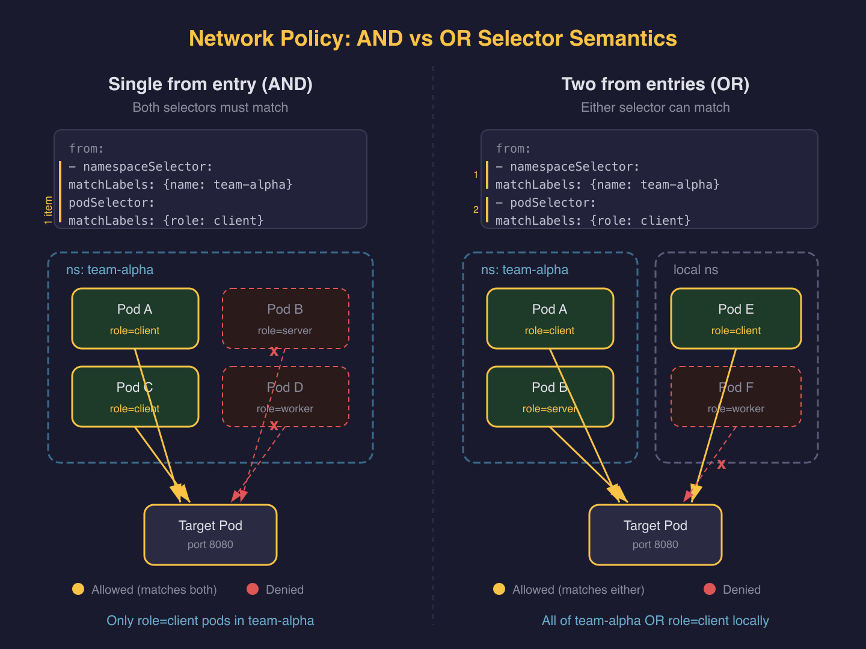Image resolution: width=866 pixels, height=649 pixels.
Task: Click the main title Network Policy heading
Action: [432, 38]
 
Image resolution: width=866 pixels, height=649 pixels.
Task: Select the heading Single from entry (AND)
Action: [210, 84]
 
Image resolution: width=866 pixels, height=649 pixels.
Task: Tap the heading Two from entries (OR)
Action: [655, 84]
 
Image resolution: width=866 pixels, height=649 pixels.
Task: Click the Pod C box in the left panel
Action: [135, 397]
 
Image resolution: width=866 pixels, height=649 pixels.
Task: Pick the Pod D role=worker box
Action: [285, 397]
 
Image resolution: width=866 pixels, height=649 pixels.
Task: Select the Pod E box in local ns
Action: [735, 318]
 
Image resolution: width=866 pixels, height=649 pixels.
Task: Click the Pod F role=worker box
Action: [735, 397]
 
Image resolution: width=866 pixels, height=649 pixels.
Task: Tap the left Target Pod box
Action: [210, 534]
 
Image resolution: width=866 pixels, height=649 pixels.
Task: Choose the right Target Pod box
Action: [655, 534]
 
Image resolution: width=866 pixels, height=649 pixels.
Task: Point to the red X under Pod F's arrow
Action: [721, 464]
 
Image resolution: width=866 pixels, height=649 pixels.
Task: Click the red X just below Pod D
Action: [274, 426]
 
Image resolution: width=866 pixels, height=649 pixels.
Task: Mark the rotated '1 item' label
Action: [49, 210]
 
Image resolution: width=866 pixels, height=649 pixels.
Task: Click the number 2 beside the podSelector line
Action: [476, 210]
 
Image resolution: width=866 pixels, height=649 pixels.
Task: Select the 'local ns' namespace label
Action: [695, 270]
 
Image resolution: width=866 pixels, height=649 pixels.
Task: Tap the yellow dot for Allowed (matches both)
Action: [78, 589]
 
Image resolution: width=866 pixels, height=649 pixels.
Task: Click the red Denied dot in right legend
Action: [710, 589]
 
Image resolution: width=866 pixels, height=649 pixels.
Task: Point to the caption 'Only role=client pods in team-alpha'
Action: [210, 620]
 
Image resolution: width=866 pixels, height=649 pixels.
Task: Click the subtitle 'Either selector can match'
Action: [655, 108]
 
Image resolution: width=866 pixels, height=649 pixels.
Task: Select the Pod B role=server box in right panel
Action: [550, 397]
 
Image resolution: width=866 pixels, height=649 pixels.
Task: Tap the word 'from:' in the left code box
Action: [86, 148]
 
